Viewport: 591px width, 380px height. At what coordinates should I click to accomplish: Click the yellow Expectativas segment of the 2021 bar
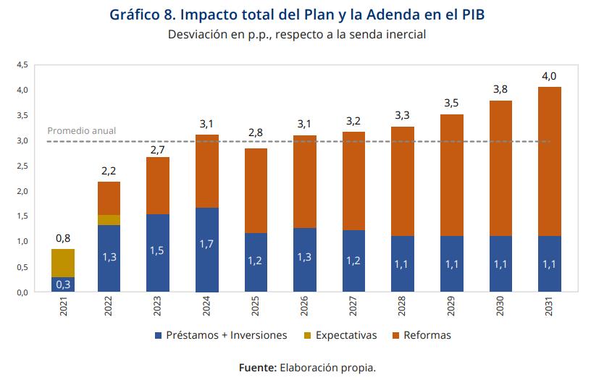click(62, 263)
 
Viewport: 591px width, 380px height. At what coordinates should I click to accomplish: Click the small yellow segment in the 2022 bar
click(109, 220)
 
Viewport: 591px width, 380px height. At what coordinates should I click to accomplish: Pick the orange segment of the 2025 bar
click(256, 190)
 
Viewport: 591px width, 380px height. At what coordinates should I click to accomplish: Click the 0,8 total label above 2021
click(62, 237)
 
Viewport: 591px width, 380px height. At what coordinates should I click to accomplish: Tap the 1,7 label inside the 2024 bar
click(208, 245)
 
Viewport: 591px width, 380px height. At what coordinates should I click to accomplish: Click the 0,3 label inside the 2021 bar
click(62, 284)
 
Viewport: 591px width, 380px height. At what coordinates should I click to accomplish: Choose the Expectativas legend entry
click(340, 335)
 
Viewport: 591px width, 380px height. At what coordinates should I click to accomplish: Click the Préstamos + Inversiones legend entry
click(221, 335)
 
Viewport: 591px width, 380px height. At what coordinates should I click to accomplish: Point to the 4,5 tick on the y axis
click(22, 65)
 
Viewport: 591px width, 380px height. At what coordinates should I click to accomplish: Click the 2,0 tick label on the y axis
click(22, 191)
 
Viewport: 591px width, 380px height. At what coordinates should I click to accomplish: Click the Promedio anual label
click(82, 131)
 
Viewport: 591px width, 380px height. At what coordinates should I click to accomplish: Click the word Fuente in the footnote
click(258, 368)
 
